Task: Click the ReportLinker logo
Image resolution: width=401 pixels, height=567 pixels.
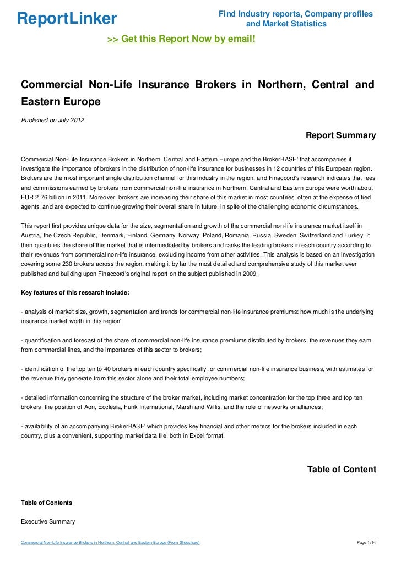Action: click(x=67, y=19)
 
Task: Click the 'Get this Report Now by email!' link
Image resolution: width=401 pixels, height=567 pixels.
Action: click(x=181, y=40)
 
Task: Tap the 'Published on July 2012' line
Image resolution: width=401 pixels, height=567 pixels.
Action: click(x=52, y=121)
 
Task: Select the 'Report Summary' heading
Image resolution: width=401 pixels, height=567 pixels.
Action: click(x=340, y=135)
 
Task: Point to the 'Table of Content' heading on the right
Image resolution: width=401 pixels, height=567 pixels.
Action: click(x=342, y=470)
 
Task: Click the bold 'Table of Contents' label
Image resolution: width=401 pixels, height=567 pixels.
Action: click(x=46, y=503)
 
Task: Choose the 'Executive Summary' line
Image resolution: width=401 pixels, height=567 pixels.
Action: click(x=48, y=521)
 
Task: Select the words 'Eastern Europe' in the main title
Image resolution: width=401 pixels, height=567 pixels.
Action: click(x=61, y=102)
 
